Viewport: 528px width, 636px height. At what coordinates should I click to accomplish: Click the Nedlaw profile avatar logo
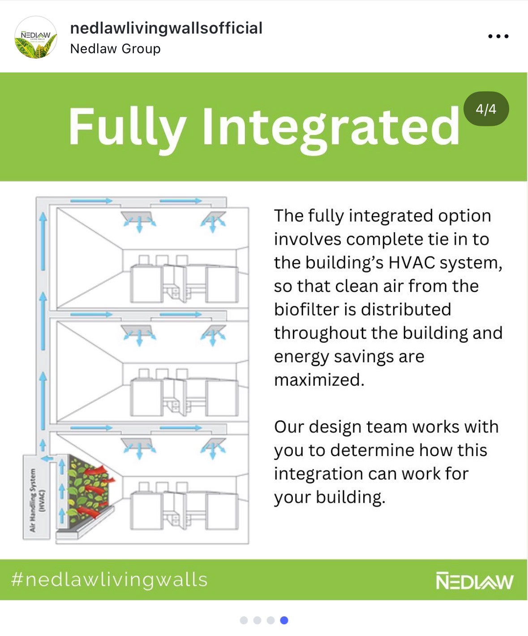(x=36, y=38)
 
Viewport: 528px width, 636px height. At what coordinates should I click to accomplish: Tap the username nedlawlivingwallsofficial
(x=166, y=28)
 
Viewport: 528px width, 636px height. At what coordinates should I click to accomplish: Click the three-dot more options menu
(x=498, y=36)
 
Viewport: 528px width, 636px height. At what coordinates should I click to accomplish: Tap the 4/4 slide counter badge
(x=486, y=109)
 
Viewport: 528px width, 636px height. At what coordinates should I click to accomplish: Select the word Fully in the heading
(x=127, y=127)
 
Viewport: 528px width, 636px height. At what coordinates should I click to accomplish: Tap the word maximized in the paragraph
(x=319, y=380)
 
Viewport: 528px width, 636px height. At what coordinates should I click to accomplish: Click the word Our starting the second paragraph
(x=288, y=427)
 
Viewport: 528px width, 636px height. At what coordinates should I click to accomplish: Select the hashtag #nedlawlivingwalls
(x=109, y=580)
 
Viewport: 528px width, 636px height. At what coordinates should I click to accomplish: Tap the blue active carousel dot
(x=284, y=620)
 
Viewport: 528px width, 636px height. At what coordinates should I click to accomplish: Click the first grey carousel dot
(x=244, y=620)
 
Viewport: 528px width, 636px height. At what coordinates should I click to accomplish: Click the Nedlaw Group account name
(x=115, y=48)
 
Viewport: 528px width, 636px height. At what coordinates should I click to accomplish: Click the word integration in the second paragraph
(x=318, y=474)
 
